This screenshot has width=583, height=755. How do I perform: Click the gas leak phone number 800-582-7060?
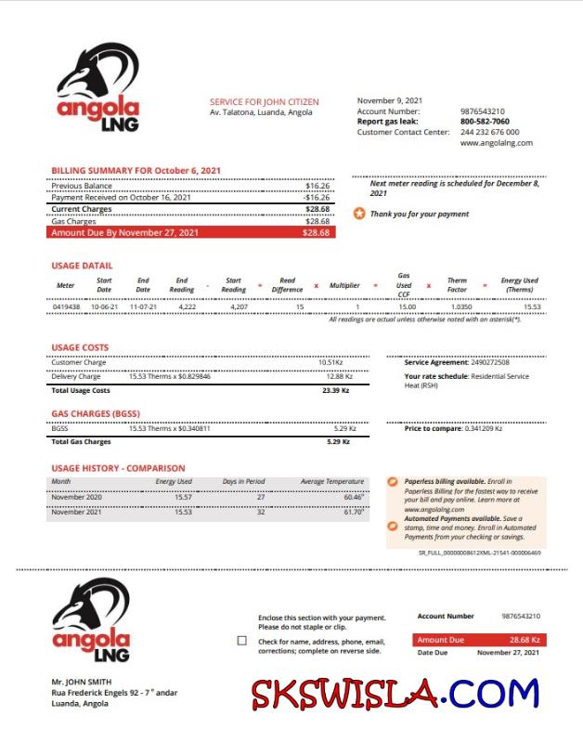point(485,122)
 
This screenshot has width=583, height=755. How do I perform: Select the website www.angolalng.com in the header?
point(496,143)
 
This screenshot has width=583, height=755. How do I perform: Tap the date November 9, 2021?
point(390,100)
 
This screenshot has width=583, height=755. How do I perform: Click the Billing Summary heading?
point(136,171)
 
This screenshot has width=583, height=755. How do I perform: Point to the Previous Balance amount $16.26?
point(317,186)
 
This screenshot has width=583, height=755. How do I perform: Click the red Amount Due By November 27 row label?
point(125,232)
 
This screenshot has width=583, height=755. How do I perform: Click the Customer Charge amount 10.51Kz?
point(330,362)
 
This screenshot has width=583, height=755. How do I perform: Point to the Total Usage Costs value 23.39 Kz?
point(335,390)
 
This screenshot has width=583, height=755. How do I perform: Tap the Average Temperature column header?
point(332,482)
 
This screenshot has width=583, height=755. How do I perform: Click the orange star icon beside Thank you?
point(359,214)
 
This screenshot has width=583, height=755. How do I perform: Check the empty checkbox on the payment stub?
point(242,640)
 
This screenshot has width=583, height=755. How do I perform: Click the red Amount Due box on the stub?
point(477,640)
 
